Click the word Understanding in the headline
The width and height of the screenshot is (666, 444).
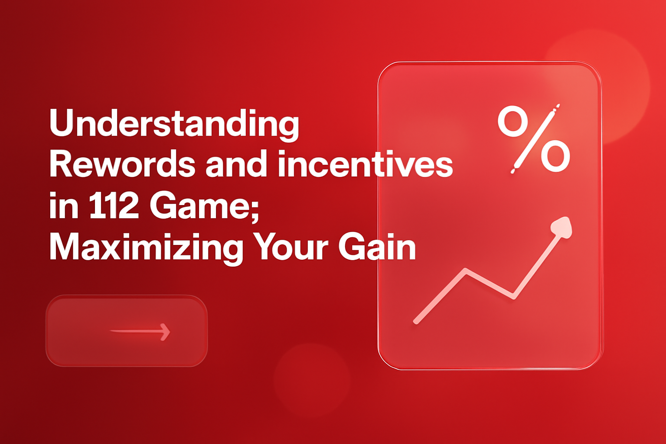[174, 124]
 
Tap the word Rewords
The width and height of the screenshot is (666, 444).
[122, 165]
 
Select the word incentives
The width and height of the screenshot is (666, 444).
[365, 165]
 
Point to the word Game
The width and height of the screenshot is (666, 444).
[198, 206]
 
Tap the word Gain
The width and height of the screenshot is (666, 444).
[377, 247]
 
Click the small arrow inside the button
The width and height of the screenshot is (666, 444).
[140, 332]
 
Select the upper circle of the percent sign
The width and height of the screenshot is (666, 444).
[512, 122]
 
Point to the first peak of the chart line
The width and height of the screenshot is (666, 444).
[466, 271]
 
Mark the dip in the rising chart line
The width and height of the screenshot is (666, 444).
[513, 297]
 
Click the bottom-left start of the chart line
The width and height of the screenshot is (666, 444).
[416, 321]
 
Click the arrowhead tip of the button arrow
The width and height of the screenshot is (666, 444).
[169, 332]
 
